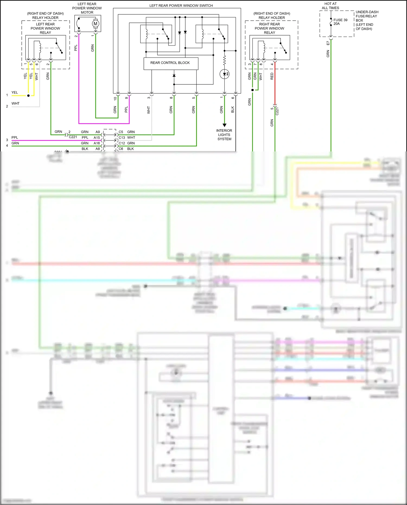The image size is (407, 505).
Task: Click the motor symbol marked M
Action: [x=95, y=24]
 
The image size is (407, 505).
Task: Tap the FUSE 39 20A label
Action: [x=340, y=22]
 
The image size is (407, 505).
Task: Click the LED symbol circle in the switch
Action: [x=224, y=74]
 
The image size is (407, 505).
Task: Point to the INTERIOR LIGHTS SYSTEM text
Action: [x=224, y=135]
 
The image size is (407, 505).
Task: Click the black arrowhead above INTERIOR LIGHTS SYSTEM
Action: [x=224, y=125]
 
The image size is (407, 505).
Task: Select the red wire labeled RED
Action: [x=275, y=84]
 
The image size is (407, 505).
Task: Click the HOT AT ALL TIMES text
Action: [x=330, y=6]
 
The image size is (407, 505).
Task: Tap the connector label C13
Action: [x=122, y=138]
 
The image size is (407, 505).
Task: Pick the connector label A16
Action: [x=97, y=143]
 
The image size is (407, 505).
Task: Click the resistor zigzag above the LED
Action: [x=224, y=60]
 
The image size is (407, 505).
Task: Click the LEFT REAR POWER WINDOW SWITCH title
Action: [x=181, y=5]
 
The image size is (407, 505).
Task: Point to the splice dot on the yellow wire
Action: [x=28, y=96]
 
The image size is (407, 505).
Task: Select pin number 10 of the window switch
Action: [x=115, y=99]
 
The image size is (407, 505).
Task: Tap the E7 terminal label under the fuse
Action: [x=328, y=43]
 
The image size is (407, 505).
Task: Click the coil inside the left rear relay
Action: [x=40, y=47]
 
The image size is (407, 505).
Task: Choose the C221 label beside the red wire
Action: [x=277, y=111]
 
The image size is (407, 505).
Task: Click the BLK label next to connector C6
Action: [x=131, y=149]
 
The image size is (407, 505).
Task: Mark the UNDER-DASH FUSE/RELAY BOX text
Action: [x=367, y=20]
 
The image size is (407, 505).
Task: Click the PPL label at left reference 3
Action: [x=15, y=138]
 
